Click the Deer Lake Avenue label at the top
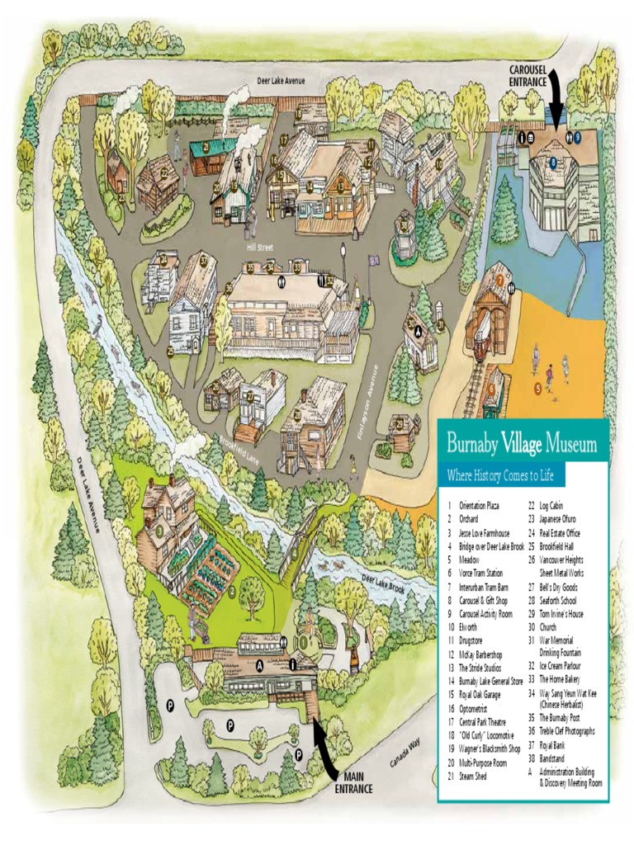click(281, 81)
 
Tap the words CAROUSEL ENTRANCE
click(527, 77)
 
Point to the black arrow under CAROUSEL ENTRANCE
click(556, 99)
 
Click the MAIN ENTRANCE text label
click(353, 782)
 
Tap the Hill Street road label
click(259, 247)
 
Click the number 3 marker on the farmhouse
click(158, 531)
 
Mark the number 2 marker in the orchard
click(232, 591)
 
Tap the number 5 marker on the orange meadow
click(537, 387)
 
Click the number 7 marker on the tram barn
click(499, 279)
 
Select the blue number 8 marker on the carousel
click(553, 162)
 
